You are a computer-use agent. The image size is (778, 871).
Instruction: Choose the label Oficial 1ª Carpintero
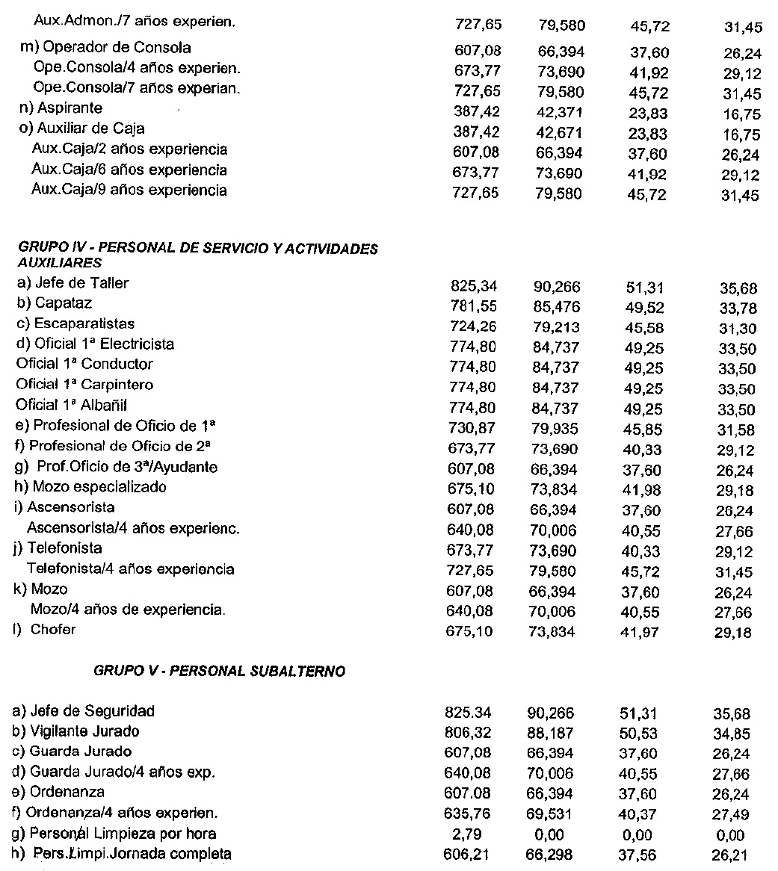[x=84, y=385]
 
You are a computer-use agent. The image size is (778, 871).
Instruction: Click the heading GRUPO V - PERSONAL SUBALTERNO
[x=219, y=671]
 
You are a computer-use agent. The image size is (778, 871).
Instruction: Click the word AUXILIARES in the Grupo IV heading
[x=59, y=263]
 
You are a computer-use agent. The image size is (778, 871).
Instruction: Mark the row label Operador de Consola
[x=105, y=48]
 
